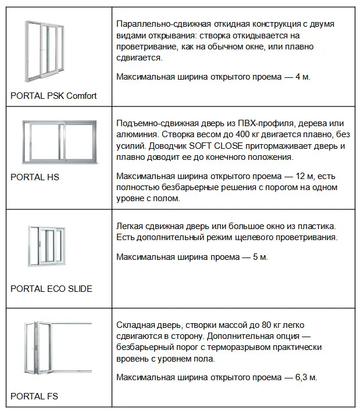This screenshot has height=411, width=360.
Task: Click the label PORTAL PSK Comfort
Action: click(54, 96)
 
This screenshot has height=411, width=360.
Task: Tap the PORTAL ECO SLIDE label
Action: click(51, 289)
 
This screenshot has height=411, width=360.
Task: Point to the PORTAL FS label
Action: click(34, 397)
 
